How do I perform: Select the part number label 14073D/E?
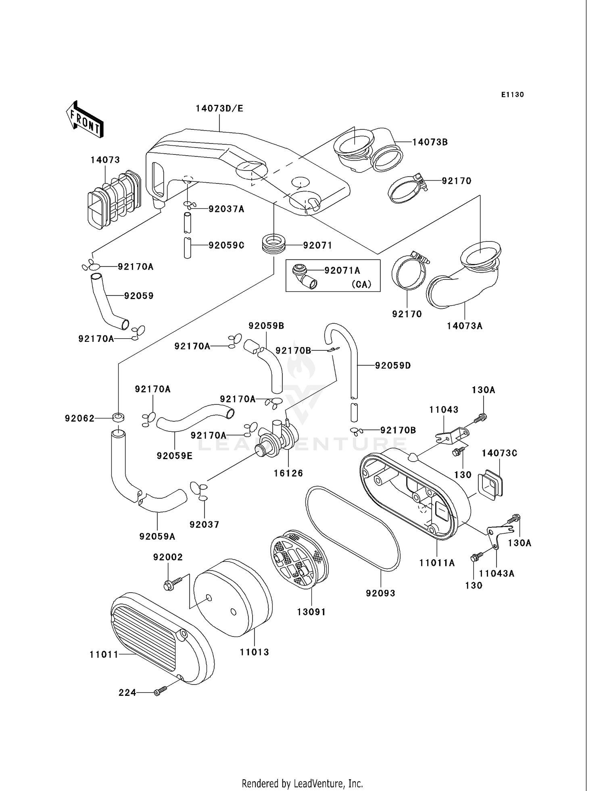[x=219, y=108]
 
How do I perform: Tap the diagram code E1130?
[x=512, y=95]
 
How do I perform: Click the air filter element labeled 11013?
[x=233, y=598]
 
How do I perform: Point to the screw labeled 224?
[x=160, y=692]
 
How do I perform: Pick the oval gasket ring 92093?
[x=353, y=529]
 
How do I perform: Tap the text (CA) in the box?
[x=361, y=284]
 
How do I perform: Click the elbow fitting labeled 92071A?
[x=304, y=277]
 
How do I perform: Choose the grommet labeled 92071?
[x=274, y=244]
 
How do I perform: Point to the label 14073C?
[x=499, y=453]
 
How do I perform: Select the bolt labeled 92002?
[x=169, y=585]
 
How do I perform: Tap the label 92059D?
[x=393, y=366]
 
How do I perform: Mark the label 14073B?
[x=430, y=142]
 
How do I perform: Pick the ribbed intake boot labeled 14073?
[x=114, y=200]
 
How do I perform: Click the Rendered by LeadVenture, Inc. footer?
[x=302, y=783]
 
